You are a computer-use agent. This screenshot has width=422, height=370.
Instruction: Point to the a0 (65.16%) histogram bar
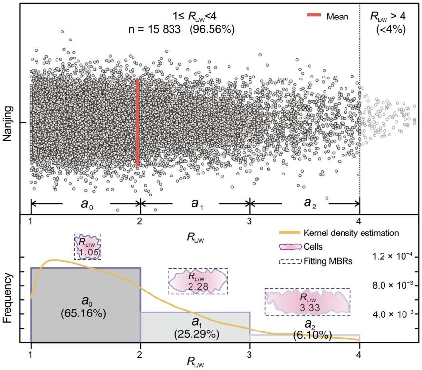[86, 304]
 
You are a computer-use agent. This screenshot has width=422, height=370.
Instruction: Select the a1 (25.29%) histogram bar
[195, 327]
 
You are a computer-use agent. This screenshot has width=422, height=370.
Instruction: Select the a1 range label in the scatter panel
[196, 202]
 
